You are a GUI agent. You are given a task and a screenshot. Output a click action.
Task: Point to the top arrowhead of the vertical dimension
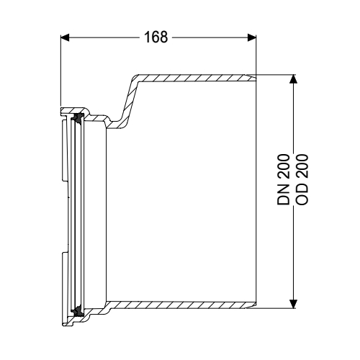pos(292,78)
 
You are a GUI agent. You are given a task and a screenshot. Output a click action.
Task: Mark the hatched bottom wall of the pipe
pos(180,305)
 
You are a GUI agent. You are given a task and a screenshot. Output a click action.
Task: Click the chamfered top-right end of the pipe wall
pos(252,73)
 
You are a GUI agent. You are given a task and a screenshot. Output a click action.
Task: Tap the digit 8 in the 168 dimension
pos(163,37)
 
